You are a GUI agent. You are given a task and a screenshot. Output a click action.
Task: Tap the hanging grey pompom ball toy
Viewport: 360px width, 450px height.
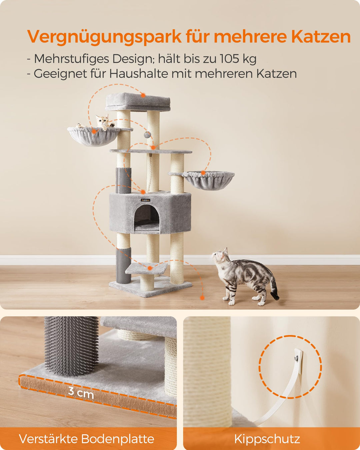coord(147,135)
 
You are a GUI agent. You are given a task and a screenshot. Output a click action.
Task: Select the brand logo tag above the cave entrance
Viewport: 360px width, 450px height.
coord(146,200)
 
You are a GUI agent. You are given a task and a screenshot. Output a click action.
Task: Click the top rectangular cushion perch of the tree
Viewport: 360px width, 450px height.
coord(138,102)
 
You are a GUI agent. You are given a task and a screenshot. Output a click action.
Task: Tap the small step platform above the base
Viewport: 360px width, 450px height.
coord(146,268)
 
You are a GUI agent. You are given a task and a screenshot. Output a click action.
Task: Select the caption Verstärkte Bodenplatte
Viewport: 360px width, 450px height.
coord(87,439)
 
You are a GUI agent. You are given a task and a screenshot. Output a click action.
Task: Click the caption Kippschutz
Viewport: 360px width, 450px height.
coord(267,439)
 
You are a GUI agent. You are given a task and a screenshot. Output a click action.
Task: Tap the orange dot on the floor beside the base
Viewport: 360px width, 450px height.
coord(202,298)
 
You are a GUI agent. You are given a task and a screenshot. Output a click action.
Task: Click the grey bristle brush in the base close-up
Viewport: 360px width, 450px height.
coord(71,345)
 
